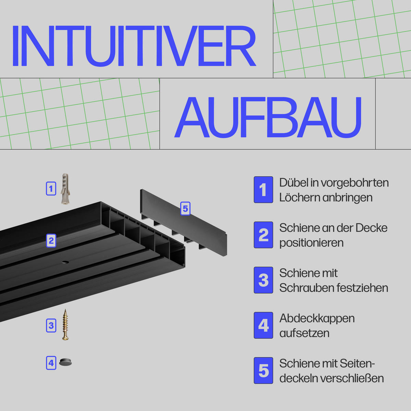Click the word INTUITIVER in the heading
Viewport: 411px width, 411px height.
point(134,46)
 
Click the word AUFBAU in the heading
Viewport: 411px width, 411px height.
point(268,117)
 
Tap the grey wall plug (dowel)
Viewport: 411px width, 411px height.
point(65,189)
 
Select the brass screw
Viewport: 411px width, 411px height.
point(65,324)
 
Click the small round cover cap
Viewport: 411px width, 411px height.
point(65,362)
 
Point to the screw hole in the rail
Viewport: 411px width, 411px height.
point(65,262)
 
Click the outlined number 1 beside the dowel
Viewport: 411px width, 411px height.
point(51,188)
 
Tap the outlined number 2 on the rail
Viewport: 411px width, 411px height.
point(51,240)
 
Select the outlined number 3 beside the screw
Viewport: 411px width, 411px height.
point(51,325)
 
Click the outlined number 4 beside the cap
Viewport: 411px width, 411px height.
point(51,363)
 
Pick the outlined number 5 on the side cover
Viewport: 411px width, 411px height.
point(185,208)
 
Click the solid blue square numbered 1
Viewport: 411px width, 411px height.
point(263,190)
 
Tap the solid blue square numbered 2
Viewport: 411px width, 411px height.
point(263,235)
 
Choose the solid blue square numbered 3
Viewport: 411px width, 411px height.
point(263,280)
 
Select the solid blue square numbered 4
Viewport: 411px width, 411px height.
point(263,325)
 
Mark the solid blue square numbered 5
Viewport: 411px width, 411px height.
point(263,371)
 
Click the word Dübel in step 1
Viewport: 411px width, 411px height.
point(293,183)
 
